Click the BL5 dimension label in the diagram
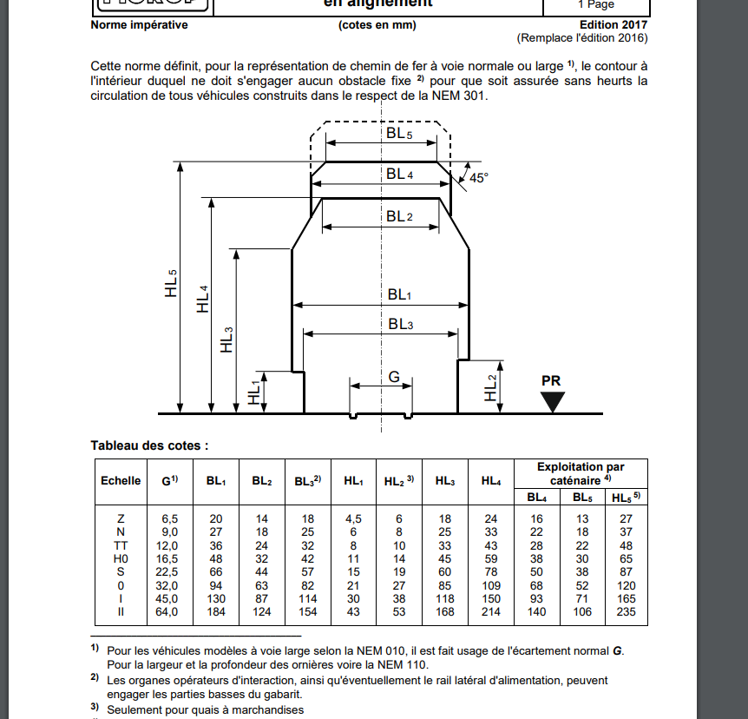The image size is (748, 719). click(399, 134)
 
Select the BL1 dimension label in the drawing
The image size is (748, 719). click(399, 295)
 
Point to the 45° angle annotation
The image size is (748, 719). click(478, 177)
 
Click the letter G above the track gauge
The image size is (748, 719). click(394, 377)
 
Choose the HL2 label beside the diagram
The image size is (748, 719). click(492, 387)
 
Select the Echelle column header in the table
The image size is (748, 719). click(121, 480)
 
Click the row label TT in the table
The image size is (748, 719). click(121, 544)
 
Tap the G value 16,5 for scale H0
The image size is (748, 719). click(169, 557)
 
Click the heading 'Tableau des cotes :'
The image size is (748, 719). click(149, 445)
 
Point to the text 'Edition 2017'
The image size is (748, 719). click(613, 25)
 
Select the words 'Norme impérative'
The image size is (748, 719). click(139, 25)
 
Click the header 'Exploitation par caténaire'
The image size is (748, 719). click(581, 472)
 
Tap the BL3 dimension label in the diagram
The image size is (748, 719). click(399, 324)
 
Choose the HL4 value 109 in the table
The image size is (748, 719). click(490, 584)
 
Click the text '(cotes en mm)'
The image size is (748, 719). click(377, 25)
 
